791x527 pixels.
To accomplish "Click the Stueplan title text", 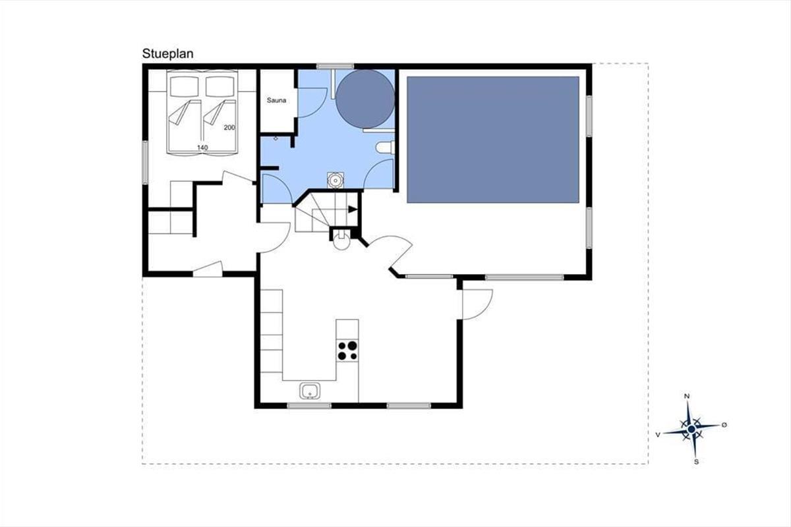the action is tap(167, 54).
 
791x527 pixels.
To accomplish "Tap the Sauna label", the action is tap(276, 100).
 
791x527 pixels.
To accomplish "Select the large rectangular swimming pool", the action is tap(493, 140).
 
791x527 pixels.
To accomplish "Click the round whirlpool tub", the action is tap(365, 99).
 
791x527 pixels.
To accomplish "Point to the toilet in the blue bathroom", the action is tap(385, 148).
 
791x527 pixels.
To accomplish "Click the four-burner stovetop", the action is tap(347, 350).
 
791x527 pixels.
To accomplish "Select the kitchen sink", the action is tap(310, 391).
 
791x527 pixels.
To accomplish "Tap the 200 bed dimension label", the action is tap(229, 127).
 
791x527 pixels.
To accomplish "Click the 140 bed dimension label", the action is tap(202, 148).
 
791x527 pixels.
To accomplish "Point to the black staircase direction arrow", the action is tap(353, 209).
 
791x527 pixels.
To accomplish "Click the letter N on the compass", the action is tap(687, 397).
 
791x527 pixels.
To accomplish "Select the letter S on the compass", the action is tap(696, 462).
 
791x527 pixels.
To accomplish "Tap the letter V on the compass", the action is tap(658, 435).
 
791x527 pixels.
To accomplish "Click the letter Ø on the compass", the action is tap(724, 425).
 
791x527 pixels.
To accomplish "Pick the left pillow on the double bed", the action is tap(184, 86).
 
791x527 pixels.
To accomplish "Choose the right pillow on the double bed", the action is tap(220, 86).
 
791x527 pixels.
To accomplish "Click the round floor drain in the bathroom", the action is tap(335, 180).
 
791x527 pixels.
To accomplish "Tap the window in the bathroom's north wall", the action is tap(335, 66).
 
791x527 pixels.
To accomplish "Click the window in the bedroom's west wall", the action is tap(145, 162).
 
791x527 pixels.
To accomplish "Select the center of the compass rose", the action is tap(691, 430).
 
